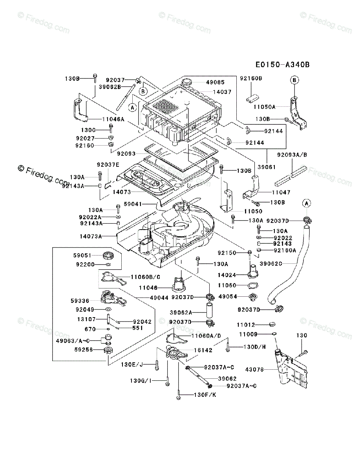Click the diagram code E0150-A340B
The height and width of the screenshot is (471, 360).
283,65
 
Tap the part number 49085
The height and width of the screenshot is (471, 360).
215,82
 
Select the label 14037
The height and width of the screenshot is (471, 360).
222,92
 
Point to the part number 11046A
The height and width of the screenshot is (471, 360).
113,119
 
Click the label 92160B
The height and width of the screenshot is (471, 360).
251,78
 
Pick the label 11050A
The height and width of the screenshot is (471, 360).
264,107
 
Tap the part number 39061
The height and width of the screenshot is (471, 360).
267,167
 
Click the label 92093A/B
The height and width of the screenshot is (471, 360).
292,155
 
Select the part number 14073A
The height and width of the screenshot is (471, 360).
91,236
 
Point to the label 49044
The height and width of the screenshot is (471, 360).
159,298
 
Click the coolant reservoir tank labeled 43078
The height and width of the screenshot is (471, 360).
291,369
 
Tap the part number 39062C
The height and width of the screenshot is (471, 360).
271,263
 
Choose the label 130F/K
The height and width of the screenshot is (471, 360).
205,394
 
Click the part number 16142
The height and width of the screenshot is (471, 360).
203,350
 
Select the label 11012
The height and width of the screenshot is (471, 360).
246,325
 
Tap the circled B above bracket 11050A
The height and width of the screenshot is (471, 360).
294,80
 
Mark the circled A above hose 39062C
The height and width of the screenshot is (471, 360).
306,203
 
